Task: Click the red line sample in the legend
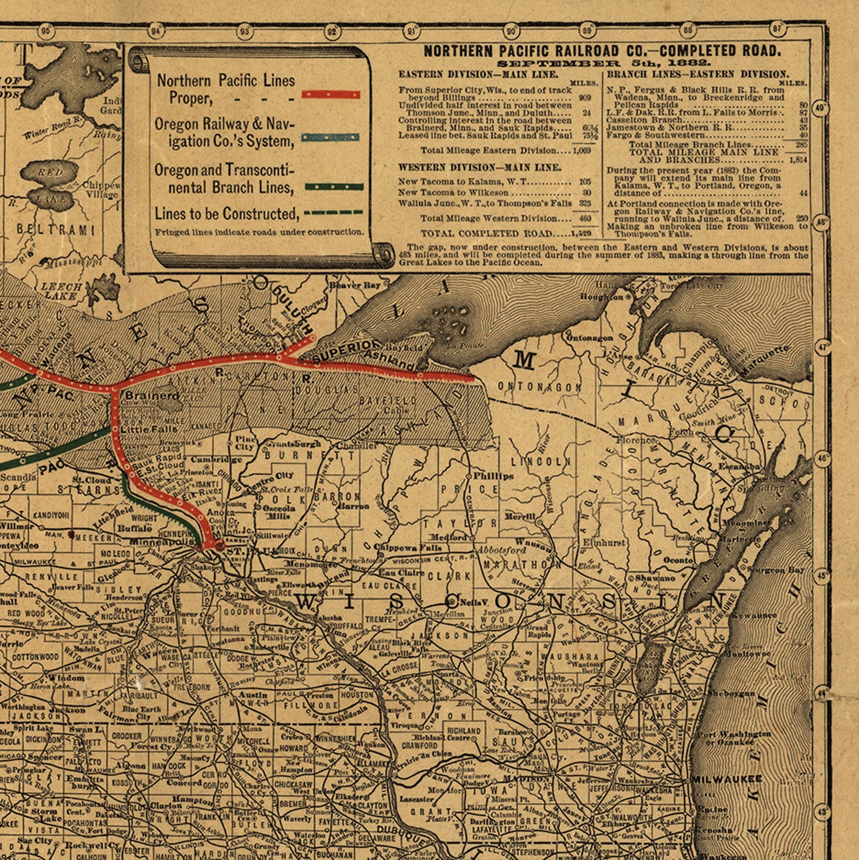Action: click(x=331, y=95)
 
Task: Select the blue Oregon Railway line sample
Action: click(x=331, y=137)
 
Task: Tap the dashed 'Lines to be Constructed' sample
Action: click(x=333, y=212)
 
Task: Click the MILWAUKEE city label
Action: click(x=727, y=779)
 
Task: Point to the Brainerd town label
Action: click(x=153, y=396)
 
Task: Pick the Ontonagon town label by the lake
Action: click(x=589, y=338)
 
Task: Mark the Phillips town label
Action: click(x=493, y=476)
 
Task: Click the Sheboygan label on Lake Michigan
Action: click(x=731, y=693)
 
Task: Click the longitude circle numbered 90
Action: click(x=511, y=31)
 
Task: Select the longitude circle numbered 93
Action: click(x=245, y=31)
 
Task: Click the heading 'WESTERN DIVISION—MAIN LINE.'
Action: click(x=480, y=168)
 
